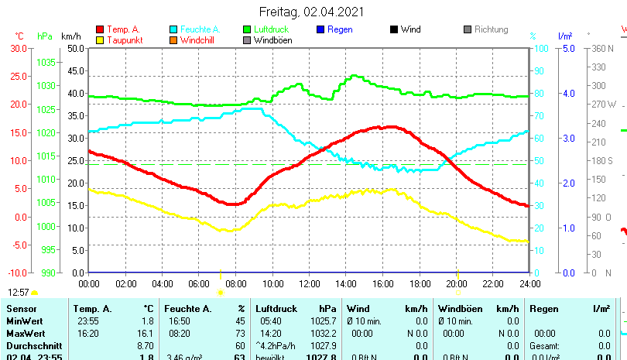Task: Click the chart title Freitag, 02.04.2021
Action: pyautogui.click(x=309, y=12)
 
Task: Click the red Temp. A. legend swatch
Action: pyautogui.click(x=99, y=30)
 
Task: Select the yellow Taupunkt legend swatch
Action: pyautogui.click(x=99, y=40)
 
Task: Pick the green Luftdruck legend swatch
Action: pyautogui.click(x=247, y=30)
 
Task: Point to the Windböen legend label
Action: pyautogui.click(x=272, y=40)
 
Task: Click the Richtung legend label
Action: pyautogui.click(x=491, y=30)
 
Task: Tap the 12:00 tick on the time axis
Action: pyautogui.click(x=309, y=284)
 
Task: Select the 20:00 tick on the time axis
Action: pyautogui.click(x=456, y=284)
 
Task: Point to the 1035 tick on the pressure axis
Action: pyautogui.click(x=46, y=62)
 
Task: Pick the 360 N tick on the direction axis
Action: pyautogui.click(x=602, y=48)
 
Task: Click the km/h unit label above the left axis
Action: pyautogui.click(x=70, y=36)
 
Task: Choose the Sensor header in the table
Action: pyautogui.click(x=21, y=309)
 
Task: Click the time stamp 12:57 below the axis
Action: pyautogui.click(x=19, y=292)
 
